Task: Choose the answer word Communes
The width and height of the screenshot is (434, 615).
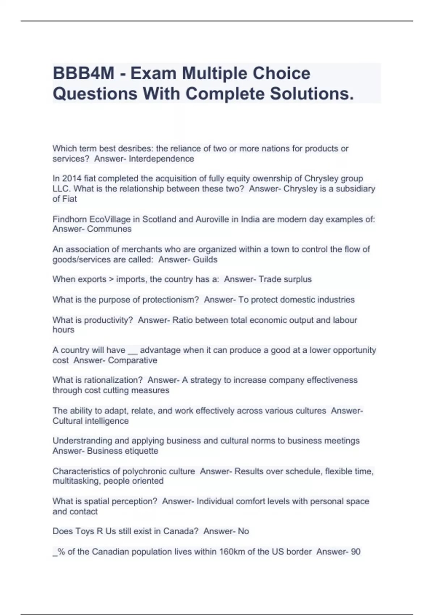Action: click(109, 229)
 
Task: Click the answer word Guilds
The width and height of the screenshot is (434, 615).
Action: click(205, 260)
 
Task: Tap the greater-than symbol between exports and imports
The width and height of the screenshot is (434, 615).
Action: click(111, 279)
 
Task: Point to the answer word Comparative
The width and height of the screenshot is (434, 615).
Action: click(132, 360)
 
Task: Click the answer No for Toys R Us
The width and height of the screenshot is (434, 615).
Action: click(243, 531)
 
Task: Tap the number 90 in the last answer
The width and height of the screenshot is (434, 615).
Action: click(356, 552)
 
